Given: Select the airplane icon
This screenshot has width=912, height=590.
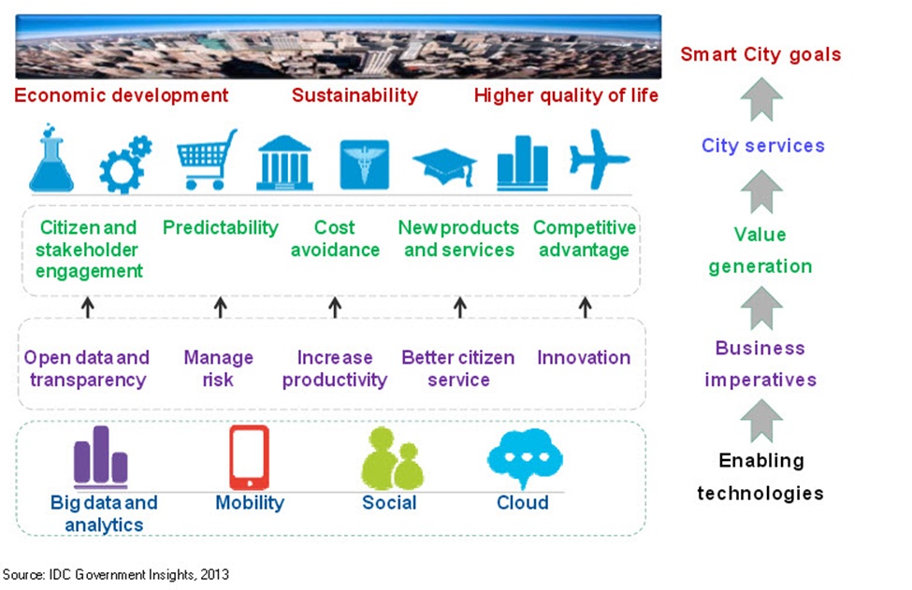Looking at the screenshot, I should tap(600, 160).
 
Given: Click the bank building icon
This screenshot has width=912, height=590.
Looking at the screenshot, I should tap(284, 163).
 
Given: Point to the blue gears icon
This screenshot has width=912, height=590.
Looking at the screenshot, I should tap(125, 165).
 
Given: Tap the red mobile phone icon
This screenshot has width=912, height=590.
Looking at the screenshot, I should tap(249, 457).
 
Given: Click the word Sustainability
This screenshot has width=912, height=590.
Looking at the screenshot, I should tap(355, 95).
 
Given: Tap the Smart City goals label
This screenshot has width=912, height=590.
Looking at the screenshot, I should tap(760, 53).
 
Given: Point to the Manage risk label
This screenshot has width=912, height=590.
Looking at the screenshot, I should tap(218, 368).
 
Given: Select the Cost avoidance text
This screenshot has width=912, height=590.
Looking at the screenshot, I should tap(335, 238).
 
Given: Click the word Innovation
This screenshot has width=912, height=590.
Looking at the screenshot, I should tap(584, 357).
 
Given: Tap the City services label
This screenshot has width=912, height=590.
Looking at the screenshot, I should tap(762, 146).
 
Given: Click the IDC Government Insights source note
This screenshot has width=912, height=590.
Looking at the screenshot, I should tap(116, 574).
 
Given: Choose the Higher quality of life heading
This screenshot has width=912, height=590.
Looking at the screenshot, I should tap(566, 95).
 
